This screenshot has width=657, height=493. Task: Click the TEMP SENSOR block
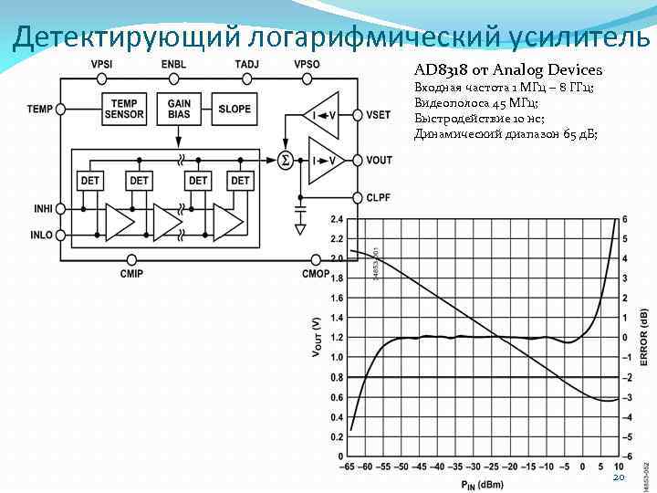(x=125, y=109)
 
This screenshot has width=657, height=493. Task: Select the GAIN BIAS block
(x=179, y=109)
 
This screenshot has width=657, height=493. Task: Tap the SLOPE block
(x=235, y=109)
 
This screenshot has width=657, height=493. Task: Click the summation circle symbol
(x=285, y=160)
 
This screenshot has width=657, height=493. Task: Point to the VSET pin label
(x=378, y=114)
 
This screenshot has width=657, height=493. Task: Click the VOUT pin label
(x=379, y=160)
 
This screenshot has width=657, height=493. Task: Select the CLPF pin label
(x=379, y=196)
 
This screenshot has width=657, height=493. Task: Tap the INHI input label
(x=40, y=210)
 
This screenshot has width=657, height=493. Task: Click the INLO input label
(x=40, y=235)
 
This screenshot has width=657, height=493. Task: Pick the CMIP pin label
(x=131, y=273)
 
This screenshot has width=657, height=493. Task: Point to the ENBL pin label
(x=173, y=64)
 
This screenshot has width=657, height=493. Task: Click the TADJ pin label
(x=246, y=64)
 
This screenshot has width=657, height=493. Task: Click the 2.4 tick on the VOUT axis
(x=337, y=220)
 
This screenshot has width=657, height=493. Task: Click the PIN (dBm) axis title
(x=482, y=483)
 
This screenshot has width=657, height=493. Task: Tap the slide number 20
(x=619, y=477)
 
